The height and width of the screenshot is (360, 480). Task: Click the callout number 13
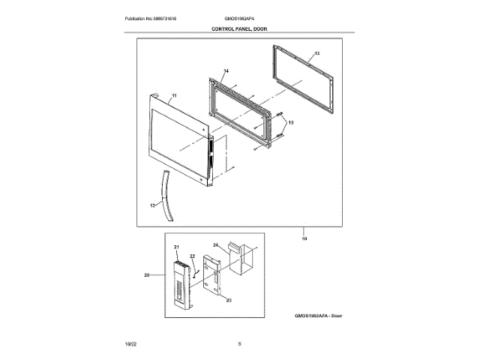316,54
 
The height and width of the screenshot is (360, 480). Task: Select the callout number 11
174,97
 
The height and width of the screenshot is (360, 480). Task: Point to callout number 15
292,121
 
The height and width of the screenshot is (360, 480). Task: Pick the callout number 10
304,238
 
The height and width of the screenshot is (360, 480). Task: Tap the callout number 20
147,275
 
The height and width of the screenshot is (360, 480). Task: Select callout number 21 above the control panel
177,247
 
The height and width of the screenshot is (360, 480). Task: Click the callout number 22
192,256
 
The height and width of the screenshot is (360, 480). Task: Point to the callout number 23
228,300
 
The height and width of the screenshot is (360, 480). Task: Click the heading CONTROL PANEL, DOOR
239,28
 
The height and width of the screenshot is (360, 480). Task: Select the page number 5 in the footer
239,343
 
